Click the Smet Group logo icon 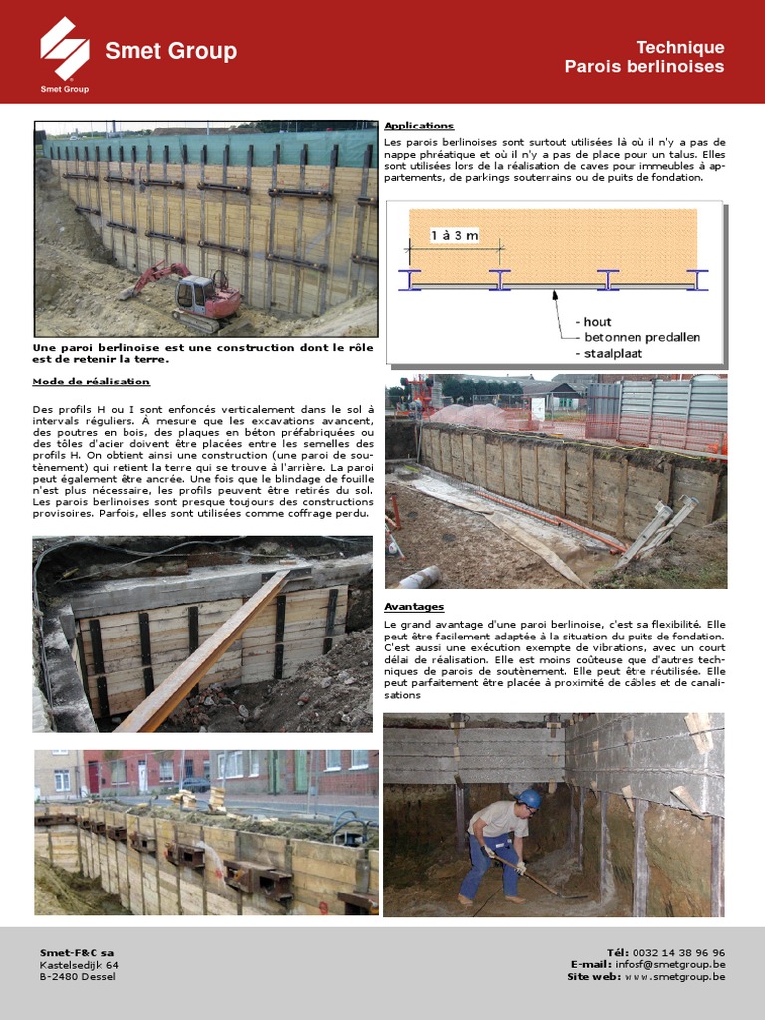tap(64, 48)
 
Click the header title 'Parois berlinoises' tap(644, 67)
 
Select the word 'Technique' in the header tap(680, 47)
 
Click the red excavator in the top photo tap(203, 293)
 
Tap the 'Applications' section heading tap(419, 126)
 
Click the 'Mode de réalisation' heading tap(92, 382)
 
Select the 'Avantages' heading tap(414, 606)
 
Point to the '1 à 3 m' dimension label tap(454, 235)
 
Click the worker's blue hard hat tap(530, 799)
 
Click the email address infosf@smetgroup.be tap(670, 965)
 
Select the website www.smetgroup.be tap(674, 977)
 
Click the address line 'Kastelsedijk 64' tap(79, 965)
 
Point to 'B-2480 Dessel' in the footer tap(78, 977)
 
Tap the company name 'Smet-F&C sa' tap(77, 953)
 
